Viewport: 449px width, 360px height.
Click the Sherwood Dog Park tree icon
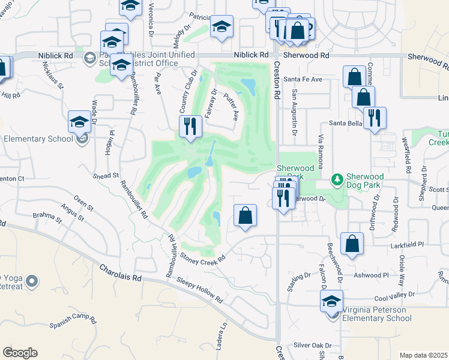coord(338,179)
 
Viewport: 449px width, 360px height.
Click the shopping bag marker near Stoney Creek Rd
coord(245,216)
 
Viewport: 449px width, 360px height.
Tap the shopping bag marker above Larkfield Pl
coord(352,244)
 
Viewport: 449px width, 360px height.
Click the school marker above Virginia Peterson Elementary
coord(331,301)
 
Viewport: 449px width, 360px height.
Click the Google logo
coord(20,352)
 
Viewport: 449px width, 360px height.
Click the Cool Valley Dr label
coord(394,296)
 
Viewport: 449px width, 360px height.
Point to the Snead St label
coord(106,176)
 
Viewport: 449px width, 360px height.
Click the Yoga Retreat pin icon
coord(32,280)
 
